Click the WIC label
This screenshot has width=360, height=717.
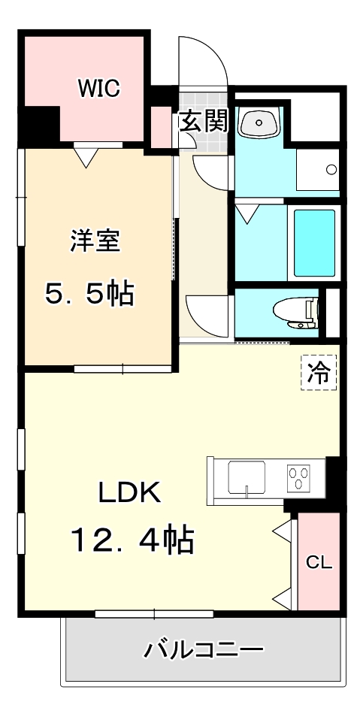[x=98, y=88]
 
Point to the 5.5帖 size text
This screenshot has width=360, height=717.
[x=89, y=293]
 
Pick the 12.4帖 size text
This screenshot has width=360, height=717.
[x=132, y=539]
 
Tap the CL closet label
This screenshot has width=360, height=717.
[x=319, y=562]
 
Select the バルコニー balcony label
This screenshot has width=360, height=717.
[x=204, y=648]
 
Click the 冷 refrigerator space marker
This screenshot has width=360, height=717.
[x=319, y=373]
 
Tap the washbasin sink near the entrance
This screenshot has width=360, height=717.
[x=259, y=123]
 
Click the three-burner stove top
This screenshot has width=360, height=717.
[x=299, y=477]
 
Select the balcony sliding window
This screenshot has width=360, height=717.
[x=154, y=614]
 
